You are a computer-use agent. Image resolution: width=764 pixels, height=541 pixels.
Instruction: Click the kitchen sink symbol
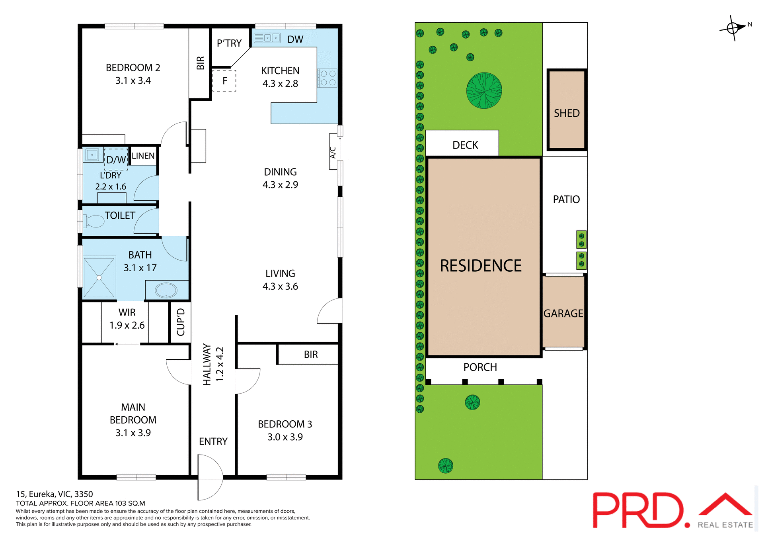tap(267, 38)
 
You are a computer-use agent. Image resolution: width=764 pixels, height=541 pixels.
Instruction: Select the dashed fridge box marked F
tap(224, 81)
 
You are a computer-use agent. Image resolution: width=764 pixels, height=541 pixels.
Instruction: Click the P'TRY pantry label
tap(229, 43)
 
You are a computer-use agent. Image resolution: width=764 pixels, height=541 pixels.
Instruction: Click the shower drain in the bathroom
tap(99, 278)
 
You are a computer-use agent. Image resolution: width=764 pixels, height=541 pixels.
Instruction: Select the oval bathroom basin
tap(166, 290)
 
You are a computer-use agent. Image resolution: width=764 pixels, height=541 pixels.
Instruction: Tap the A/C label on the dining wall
tap(333, 153)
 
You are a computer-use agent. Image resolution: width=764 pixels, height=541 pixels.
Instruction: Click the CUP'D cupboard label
tap(181, 322)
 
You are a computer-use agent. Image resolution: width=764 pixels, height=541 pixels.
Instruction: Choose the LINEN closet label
tap(143, 156)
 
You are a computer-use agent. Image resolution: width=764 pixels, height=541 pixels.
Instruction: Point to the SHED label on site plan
tap(567, 114)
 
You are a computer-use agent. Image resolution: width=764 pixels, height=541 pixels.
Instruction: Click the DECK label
tap(465, 145)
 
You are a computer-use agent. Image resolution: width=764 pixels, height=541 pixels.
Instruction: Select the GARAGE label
tap(563, 314)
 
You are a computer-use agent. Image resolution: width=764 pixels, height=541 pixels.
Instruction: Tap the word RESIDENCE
tap(481, 266)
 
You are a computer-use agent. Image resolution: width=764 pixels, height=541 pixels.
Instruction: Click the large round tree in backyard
tap(484, 90)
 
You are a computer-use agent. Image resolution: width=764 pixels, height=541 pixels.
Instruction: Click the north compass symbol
tap(733, 28)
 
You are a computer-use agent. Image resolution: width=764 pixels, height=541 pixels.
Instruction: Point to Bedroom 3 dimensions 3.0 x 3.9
tap(285, 437)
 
